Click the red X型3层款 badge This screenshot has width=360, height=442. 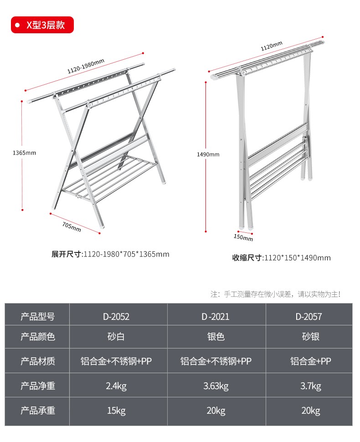click(x=42, y=25)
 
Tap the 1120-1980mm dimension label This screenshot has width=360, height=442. click(x=86, y=67)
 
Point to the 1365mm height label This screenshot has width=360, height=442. click(x=24, y=152)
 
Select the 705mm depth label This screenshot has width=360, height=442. click(x=72, y=226)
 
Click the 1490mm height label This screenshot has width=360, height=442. click(x=208, y=154)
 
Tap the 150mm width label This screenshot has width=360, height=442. click(x=243, y=237)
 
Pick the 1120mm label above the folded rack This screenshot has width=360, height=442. click(x=271, y=46)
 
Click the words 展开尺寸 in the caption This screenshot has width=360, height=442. click(x=66, y=254)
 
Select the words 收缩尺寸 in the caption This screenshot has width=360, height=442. click(x=247, y=258)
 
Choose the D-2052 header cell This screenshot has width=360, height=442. click(x=116, y=316)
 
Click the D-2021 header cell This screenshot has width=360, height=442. click(x=216, y=316)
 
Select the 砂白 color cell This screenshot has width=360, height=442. click(x=116, y=337)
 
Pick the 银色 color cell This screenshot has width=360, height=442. click(x=216, y=337)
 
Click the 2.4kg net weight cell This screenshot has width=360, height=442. click(x=116, y=386)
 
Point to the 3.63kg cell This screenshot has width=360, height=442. click(x=216, y=386)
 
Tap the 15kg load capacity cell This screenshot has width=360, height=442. click(x=116, y=411)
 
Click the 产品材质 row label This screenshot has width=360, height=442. click(x=38, y=361)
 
